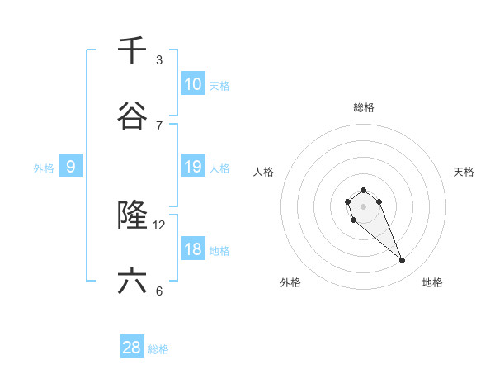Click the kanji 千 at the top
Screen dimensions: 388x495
132,51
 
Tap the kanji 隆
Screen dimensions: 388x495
132,216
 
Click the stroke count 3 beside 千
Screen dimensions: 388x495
159,59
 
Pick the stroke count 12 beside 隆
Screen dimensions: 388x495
159,225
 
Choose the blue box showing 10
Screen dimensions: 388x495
192,84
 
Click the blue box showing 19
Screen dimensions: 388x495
192,167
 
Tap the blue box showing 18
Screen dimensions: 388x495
192,249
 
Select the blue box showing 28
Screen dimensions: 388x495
132,348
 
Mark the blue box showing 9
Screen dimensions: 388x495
71,167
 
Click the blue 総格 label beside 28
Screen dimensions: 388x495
158,349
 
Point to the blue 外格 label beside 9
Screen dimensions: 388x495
44,168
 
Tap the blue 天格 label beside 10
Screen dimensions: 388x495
219,86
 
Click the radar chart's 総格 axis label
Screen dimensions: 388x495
363,107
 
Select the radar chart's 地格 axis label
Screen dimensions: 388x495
432,282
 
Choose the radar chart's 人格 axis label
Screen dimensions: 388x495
264,172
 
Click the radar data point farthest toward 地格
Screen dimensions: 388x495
403,261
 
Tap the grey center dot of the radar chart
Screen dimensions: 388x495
363,206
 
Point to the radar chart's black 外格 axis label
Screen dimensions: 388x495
290,282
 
